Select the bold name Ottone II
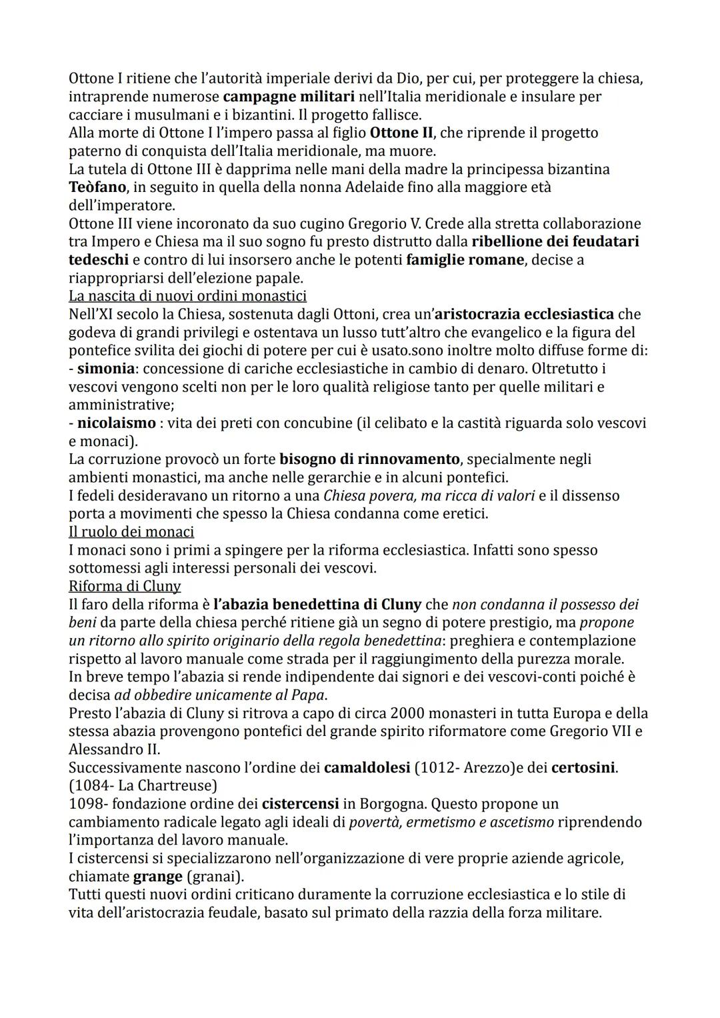(400, 133)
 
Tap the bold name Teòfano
(97, 187)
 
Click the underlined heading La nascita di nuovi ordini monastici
(187, 295)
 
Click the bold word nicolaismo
(117, 423)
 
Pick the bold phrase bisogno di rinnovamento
(369, 459)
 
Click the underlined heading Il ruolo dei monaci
(131, 532)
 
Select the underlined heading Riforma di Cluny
(125, 587)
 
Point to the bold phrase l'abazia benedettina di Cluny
(317, 605)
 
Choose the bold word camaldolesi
(367, 768)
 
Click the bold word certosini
(583, 768)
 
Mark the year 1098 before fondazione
(85, 804)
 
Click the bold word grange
(158, 877)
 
